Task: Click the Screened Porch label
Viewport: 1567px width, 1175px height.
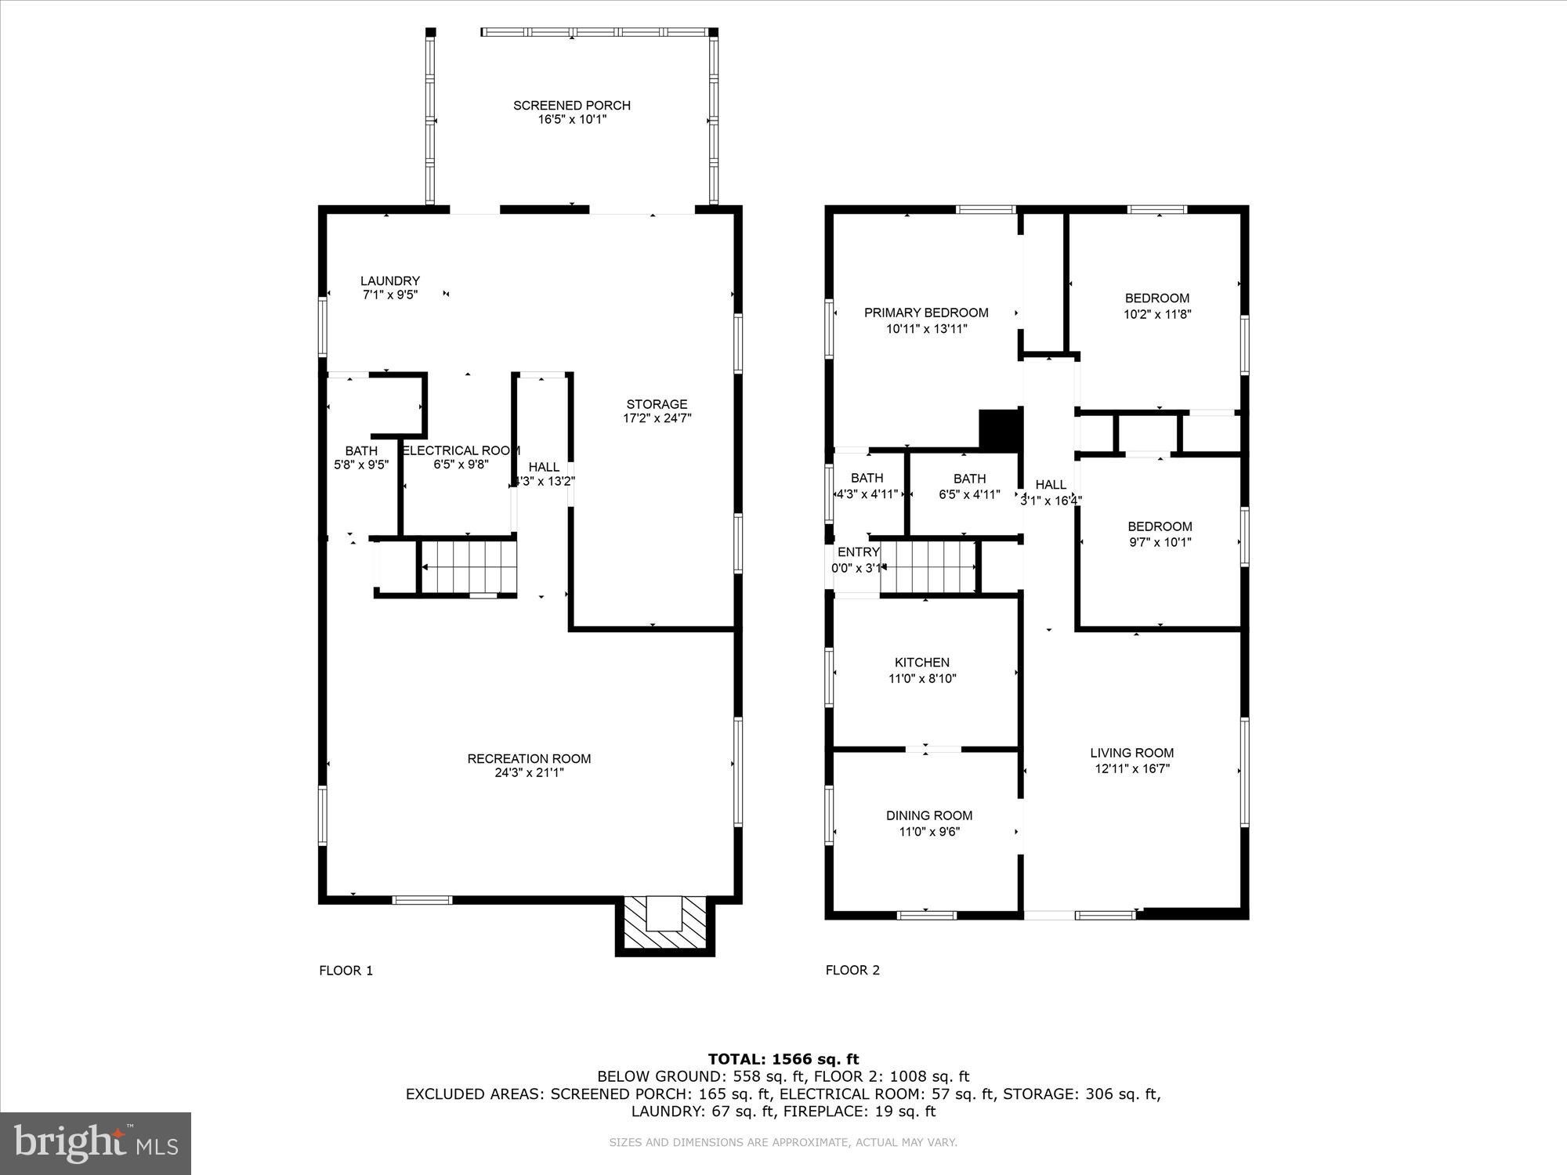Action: [x=571, y=105]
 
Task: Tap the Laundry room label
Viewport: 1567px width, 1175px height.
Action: [x=389, y=280]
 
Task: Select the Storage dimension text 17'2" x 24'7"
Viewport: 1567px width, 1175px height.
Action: [x=657, y=418]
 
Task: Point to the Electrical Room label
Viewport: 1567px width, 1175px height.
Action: [x=461, y=450]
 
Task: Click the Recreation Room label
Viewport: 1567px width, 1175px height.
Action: [x=529, y=758]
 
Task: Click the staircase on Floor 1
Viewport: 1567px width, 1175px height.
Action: [x=469, y=566]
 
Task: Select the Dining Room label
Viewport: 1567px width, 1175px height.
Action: [x=928, y=815]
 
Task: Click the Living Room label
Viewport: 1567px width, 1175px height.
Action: [x=1131, y=753]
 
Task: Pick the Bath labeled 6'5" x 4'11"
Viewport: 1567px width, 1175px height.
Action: [x=969, y=486]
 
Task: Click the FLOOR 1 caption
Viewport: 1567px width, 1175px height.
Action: [x=346, y=971]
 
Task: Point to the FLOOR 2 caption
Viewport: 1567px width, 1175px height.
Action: [x=852, y=970]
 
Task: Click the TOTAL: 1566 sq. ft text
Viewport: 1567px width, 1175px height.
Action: [x=783, y=1059]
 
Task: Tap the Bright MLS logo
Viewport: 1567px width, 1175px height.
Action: [x=96, y=1143]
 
